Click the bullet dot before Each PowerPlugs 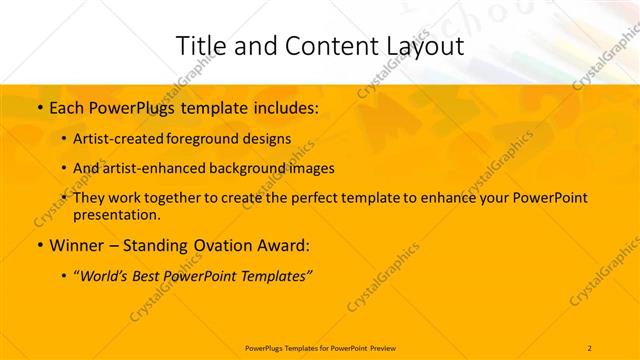click(39, 107)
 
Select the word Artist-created click(120, 139)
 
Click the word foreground click(206, 139)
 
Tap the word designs click(267, 139)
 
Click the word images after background click(312, 169)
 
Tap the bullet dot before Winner click(39, 245)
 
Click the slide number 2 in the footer click(590, 347)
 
